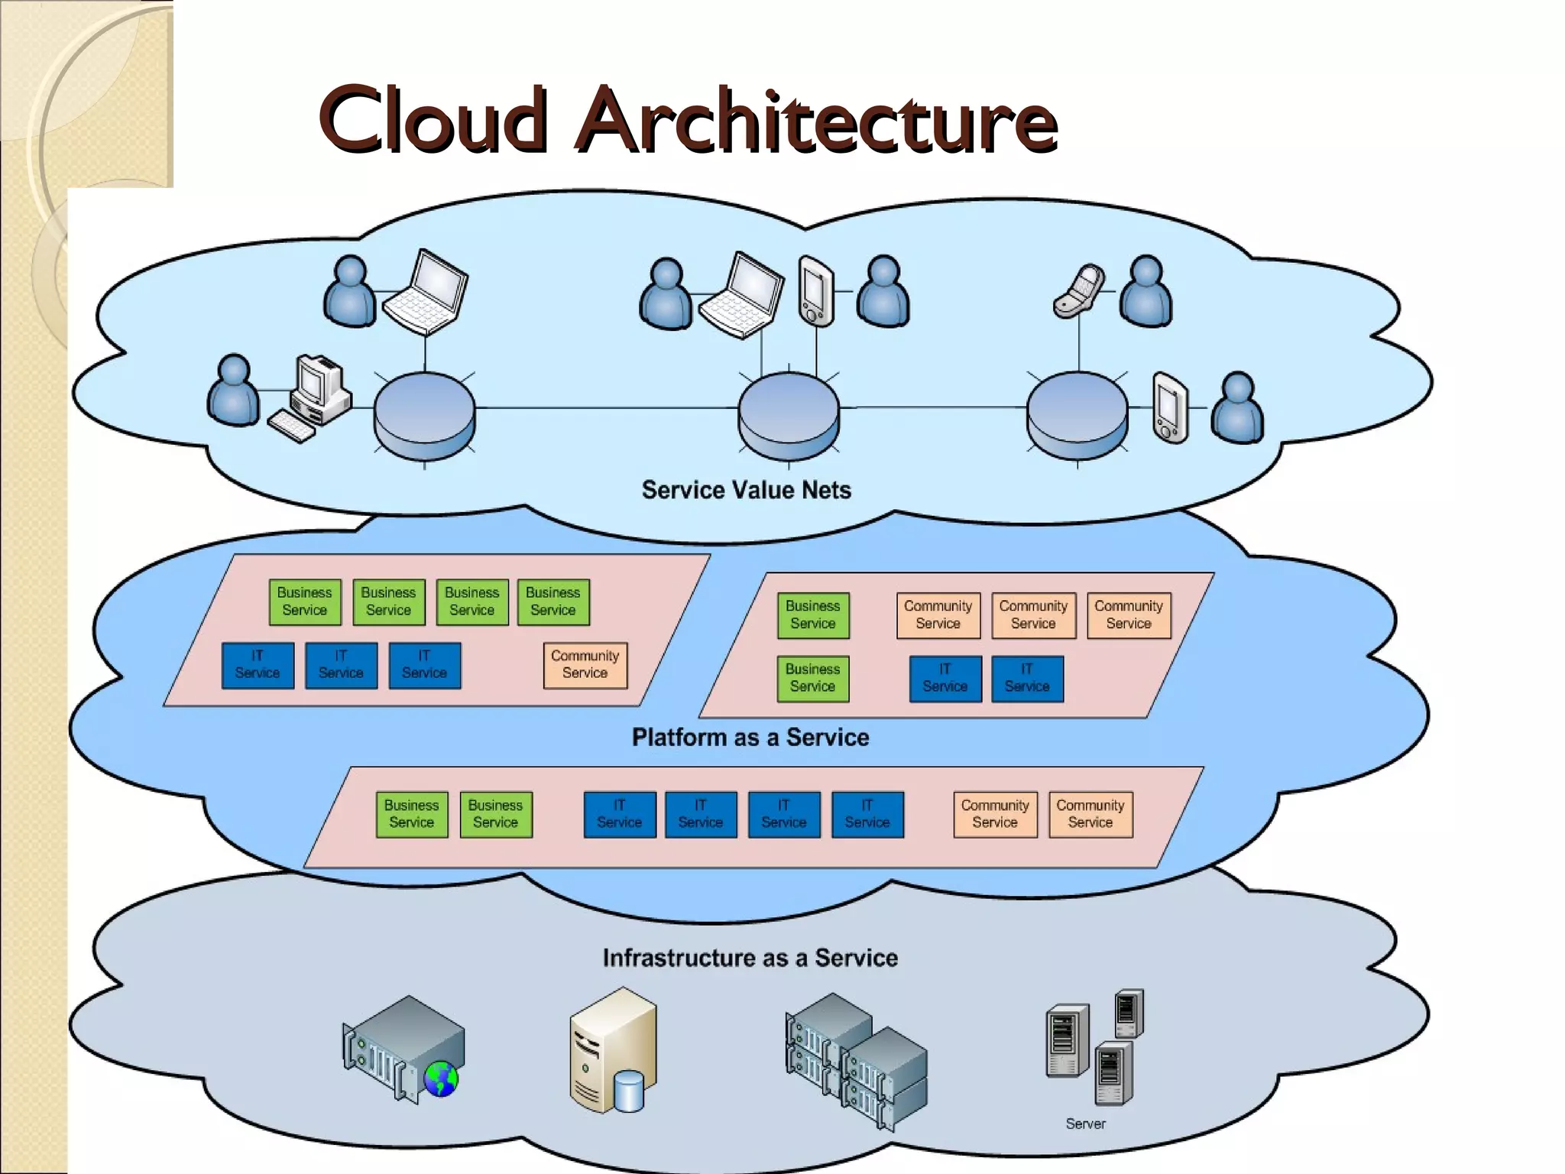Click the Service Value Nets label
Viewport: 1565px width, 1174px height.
(x=746, y=490)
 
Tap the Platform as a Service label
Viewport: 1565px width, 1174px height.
(x=750, y=738)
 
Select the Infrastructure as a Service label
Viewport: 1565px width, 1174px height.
(x=750, y=958)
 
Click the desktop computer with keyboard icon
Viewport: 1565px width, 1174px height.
(x=312, y=397)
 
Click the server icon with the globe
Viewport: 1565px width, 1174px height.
(x=403, y=1048)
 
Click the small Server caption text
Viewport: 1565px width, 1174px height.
(x=1085, y=1124)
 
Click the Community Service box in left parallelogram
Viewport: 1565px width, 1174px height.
(x=585, y=665)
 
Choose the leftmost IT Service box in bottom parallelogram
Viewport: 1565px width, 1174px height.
(x=619, y=814)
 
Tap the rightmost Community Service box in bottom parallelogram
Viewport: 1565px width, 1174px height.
(x=1090, y=814)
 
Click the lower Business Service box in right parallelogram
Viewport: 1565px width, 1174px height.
(x=813, y=678)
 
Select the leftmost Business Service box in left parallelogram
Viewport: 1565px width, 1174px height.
(x=305, y=602)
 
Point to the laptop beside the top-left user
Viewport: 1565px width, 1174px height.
(x=426, y=292)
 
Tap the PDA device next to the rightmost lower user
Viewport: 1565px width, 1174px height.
(x=1170, y=407)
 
